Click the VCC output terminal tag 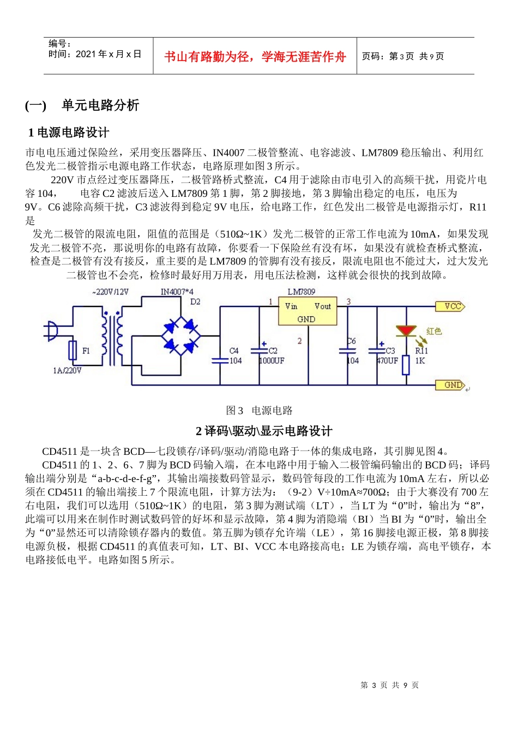(x=450, y=307)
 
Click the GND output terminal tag (x=450, y=385)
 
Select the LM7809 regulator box (x=308, y=311)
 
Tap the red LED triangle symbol (x=405, y=331)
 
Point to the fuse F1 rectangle (x=73, y=350)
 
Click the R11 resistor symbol (x=406, y=365)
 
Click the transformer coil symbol (x=112, y=337)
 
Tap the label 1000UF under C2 (x=272, y=361)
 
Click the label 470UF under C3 (x=388, y=361)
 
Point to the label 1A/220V (x=67, y=371)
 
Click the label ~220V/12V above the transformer (x=111, y=292)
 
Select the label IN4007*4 (x=177, y=292)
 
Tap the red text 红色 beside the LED (x=434, y=331)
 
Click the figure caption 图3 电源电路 (x=260, y=411)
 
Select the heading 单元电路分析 (x=100, y=105)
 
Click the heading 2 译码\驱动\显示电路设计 (x=264, y=431)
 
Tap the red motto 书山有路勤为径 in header (x=255, y=57)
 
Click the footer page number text (x=389, y=685)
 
